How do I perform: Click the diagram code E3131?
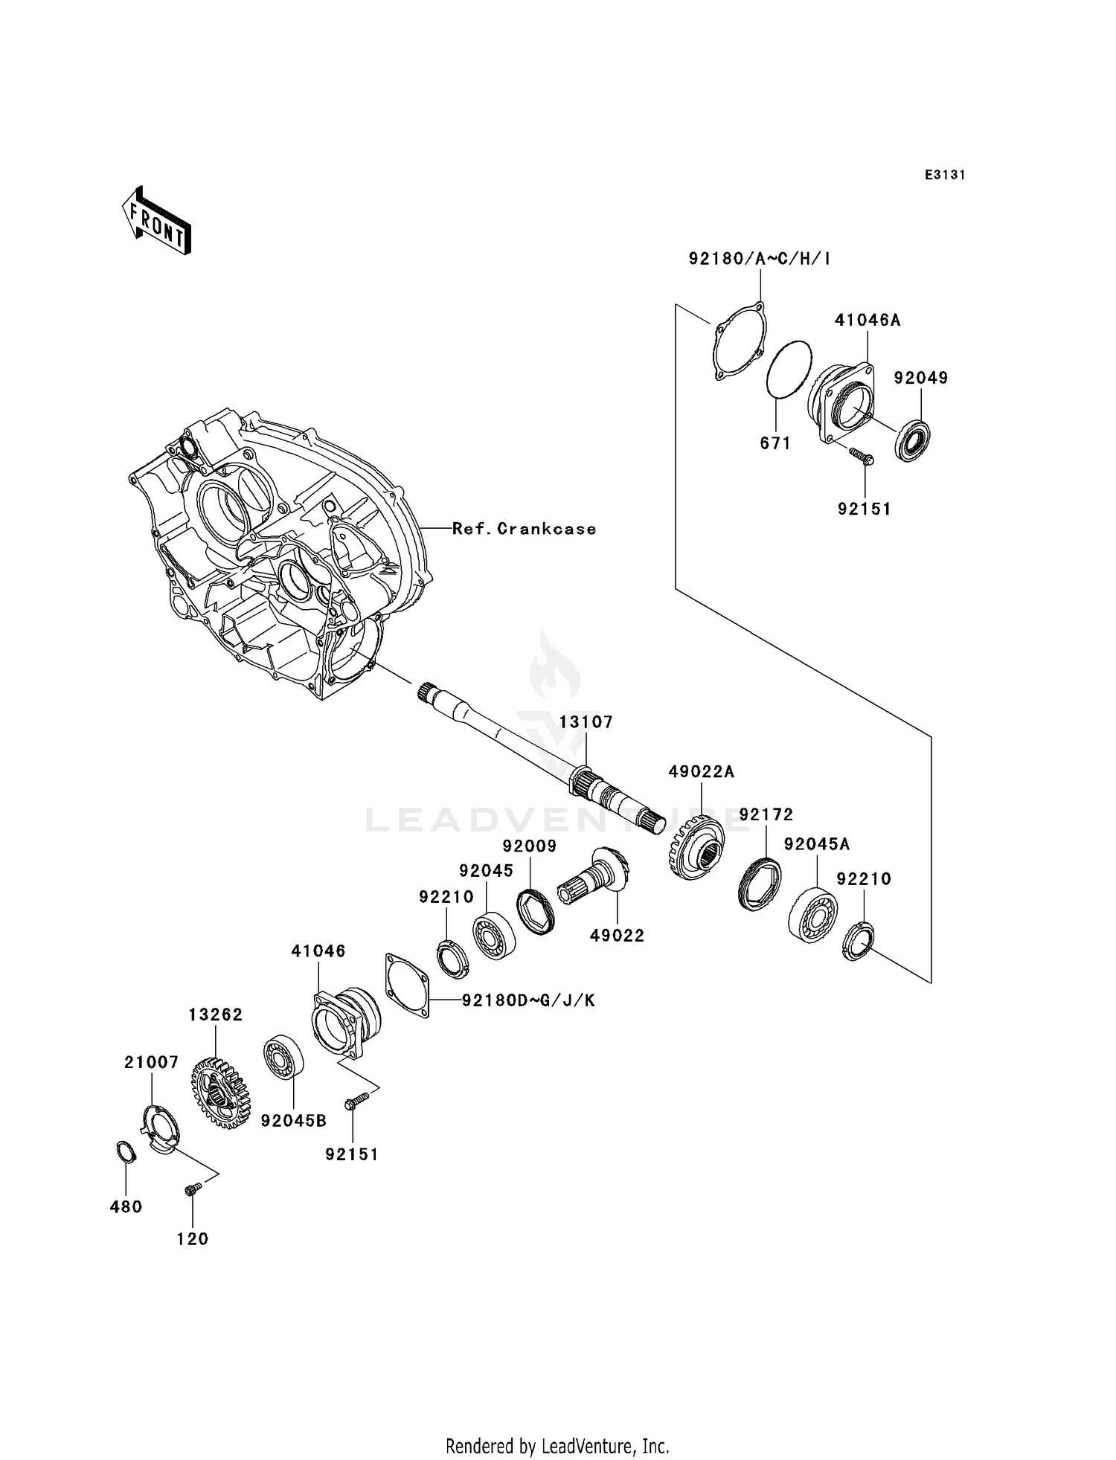[945, 176]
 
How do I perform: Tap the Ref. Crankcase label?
[524, 529]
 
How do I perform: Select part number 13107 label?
[586, 722]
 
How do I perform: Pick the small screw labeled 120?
[191, 1190]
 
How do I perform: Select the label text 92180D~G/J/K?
[528, 1000]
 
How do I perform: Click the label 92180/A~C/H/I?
[760, 259]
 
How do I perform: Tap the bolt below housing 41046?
[357, 1099]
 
